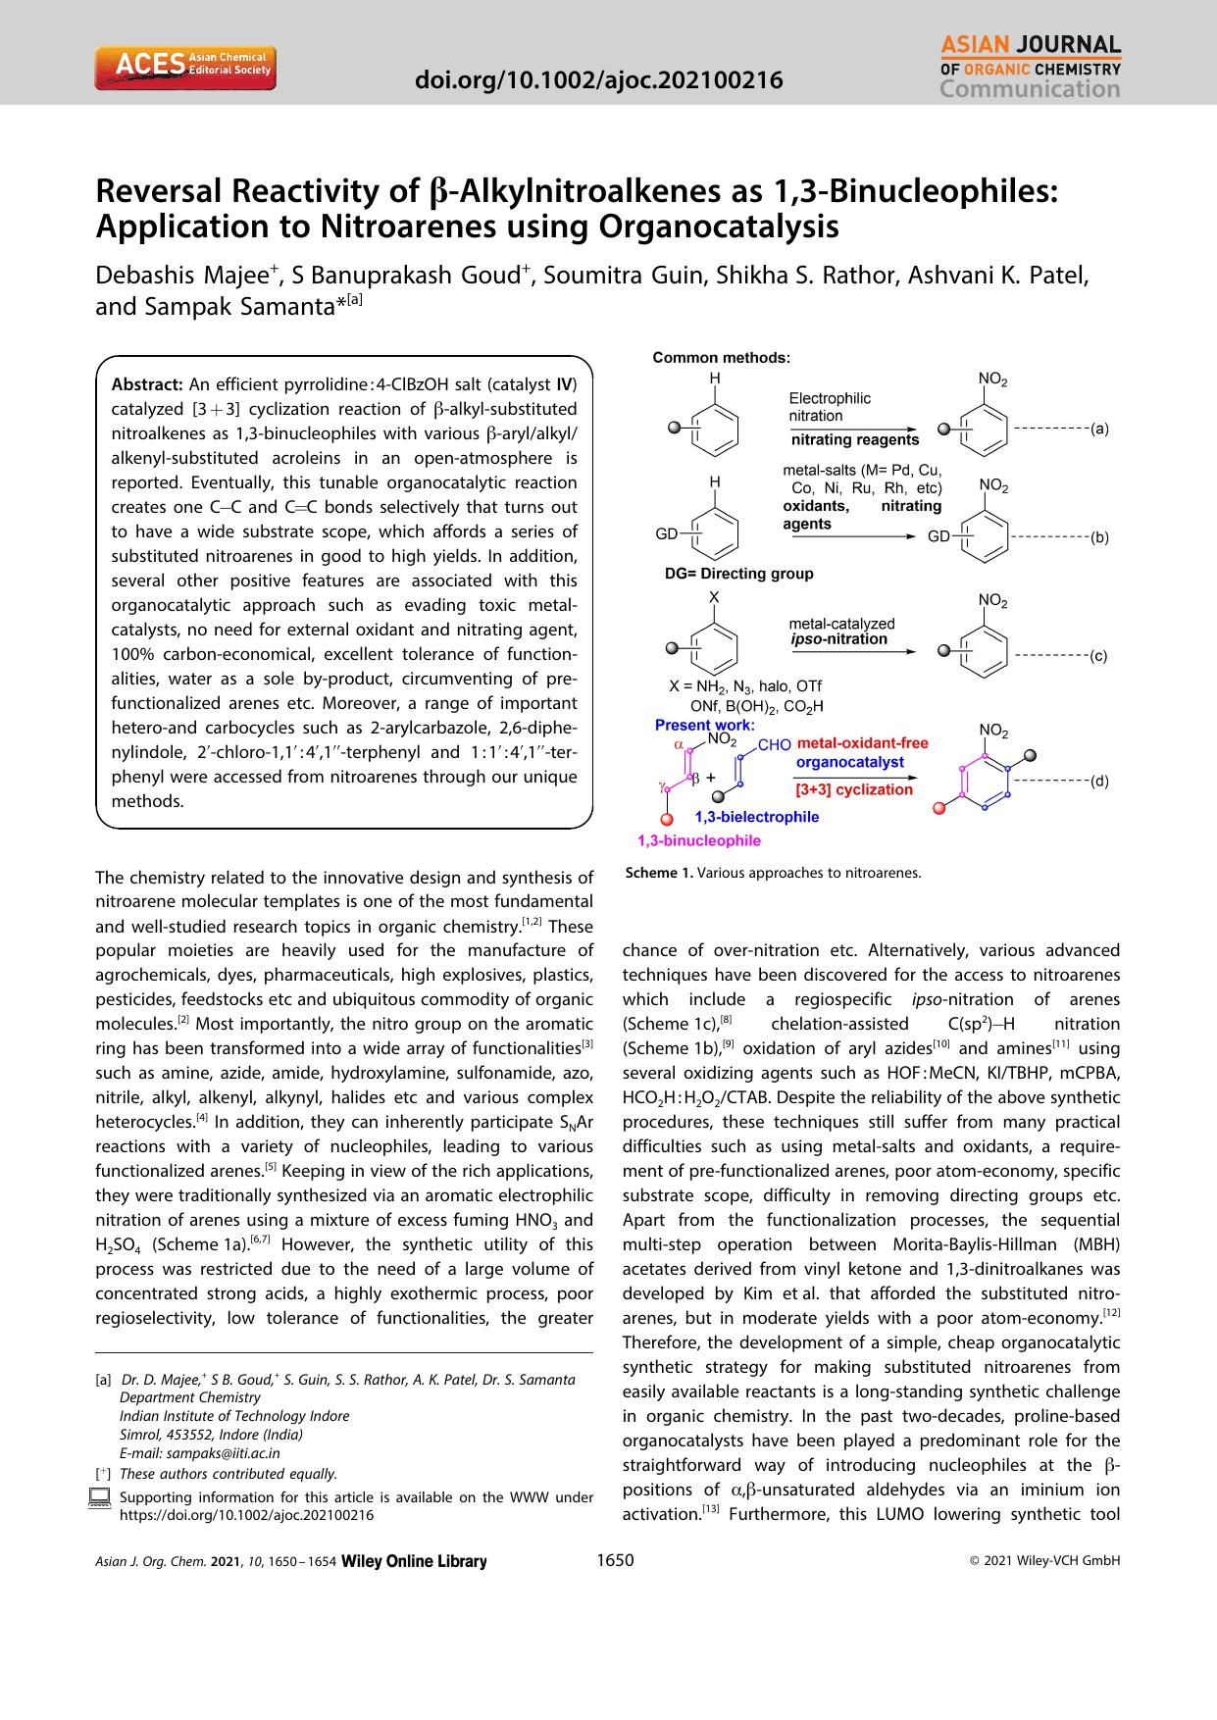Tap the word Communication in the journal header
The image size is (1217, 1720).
click(1029, 90)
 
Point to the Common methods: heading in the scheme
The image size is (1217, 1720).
click(721, 358)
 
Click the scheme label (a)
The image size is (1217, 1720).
click(1099, 429)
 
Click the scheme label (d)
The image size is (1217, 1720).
click(1099, 781)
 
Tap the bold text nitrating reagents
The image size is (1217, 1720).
click(854, 439)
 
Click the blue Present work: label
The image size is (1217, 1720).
click(704, 726)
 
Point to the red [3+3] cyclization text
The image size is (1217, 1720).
click(853, 788)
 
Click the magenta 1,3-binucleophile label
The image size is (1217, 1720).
click(698, 840)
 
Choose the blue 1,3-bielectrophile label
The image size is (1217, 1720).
click(756, 816)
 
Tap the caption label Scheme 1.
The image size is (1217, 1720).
click(658, 873)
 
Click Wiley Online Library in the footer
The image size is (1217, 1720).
click(413, 1562)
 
